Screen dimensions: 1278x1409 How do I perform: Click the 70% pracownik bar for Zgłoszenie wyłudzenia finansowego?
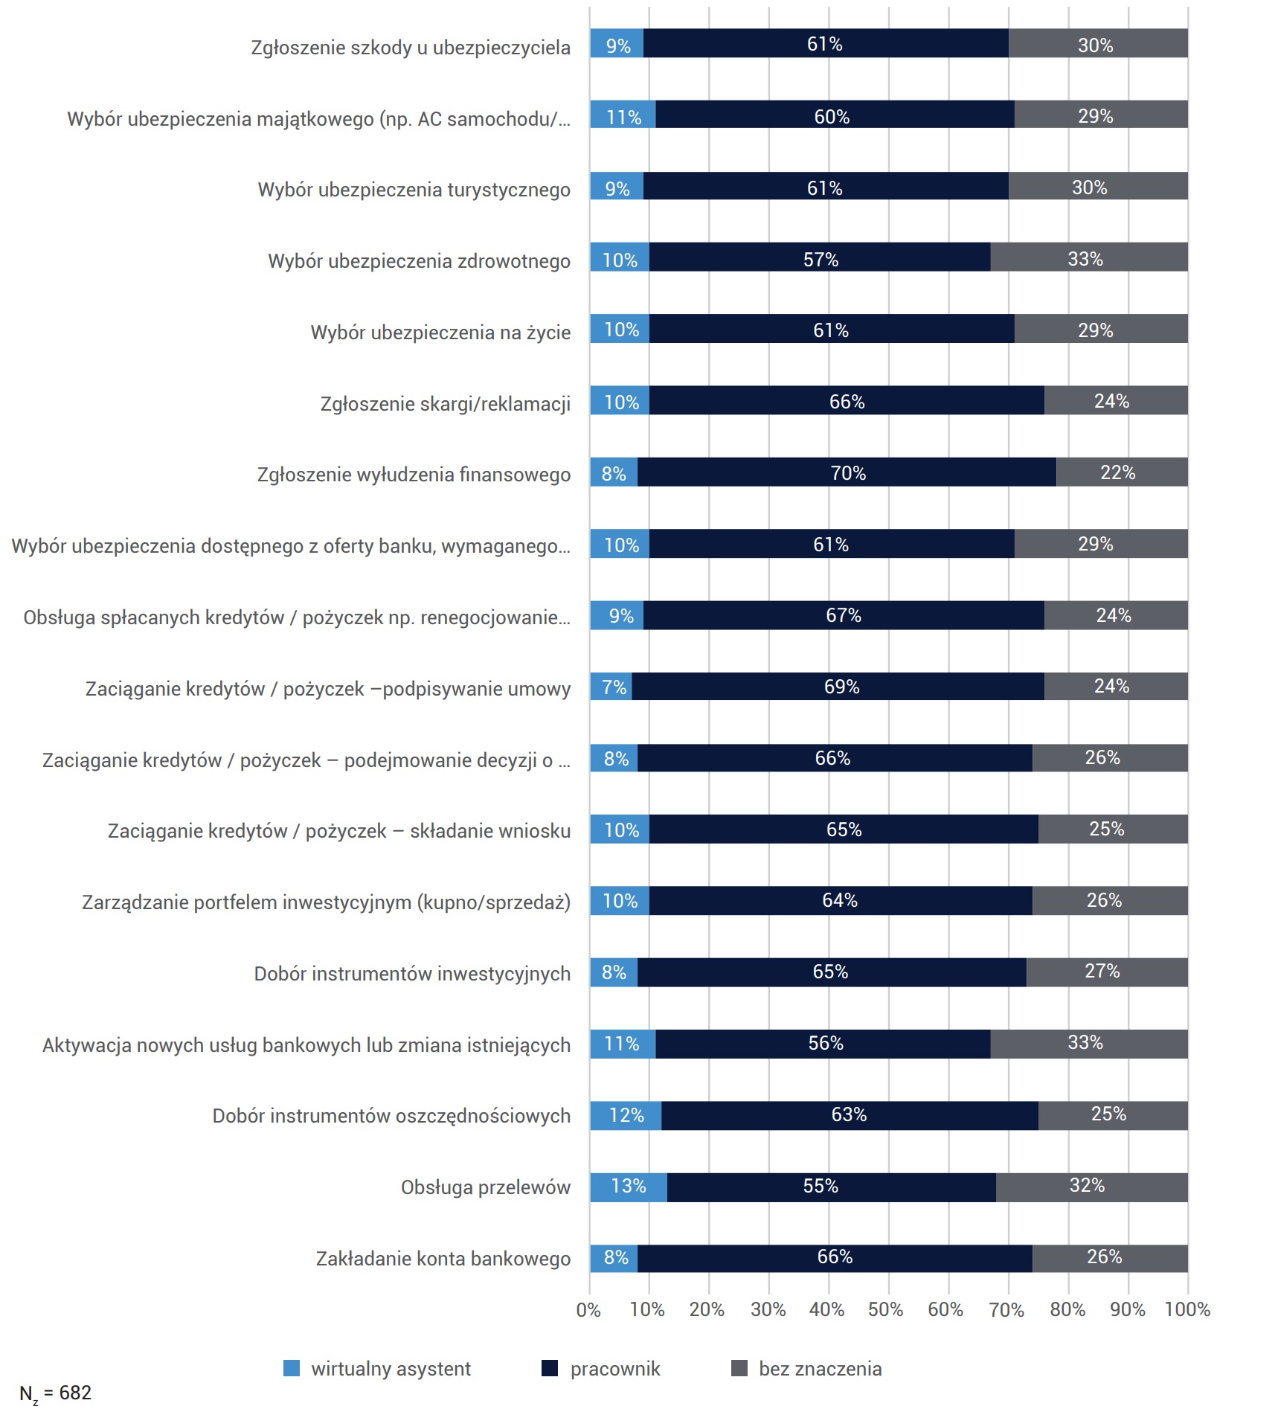(847, 472)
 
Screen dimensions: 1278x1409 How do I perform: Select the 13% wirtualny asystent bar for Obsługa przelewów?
(629, 1187)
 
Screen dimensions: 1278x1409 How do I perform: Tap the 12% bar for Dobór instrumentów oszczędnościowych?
(626, 1115)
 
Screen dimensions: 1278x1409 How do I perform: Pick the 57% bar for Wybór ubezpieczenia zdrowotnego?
(820, 257)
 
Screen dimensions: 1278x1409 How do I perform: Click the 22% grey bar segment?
(1122, 472)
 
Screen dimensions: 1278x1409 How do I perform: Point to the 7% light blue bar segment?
(611, 686)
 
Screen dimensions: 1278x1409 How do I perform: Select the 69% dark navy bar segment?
(838, 686)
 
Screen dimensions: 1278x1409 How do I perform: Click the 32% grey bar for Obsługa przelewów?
(1092, 1187)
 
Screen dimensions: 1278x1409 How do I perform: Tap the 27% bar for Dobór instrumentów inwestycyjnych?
(1107, 972)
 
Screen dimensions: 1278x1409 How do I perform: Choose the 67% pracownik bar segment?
(844, 615)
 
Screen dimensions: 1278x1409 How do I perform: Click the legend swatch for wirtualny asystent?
(292, 1368)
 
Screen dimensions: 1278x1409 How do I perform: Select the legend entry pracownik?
(601, 1369)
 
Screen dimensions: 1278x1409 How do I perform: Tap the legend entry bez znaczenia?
(807, 1369)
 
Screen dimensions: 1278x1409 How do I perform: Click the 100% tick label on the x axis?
(1187, 1309)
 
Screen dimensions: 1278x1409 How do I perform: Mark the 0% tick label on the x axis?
(588, 1309)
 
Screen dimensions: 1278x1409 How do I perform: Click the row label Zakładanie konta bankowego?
(443, 1259)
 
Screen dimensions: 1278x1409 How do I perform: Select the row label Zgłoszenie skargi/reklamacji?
(446, 404)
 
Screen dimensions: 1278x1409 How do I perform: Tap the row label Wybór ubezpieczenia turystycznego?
(414, 190)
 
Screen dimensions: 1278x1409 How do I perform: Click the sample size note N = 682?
(55, 1393)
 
